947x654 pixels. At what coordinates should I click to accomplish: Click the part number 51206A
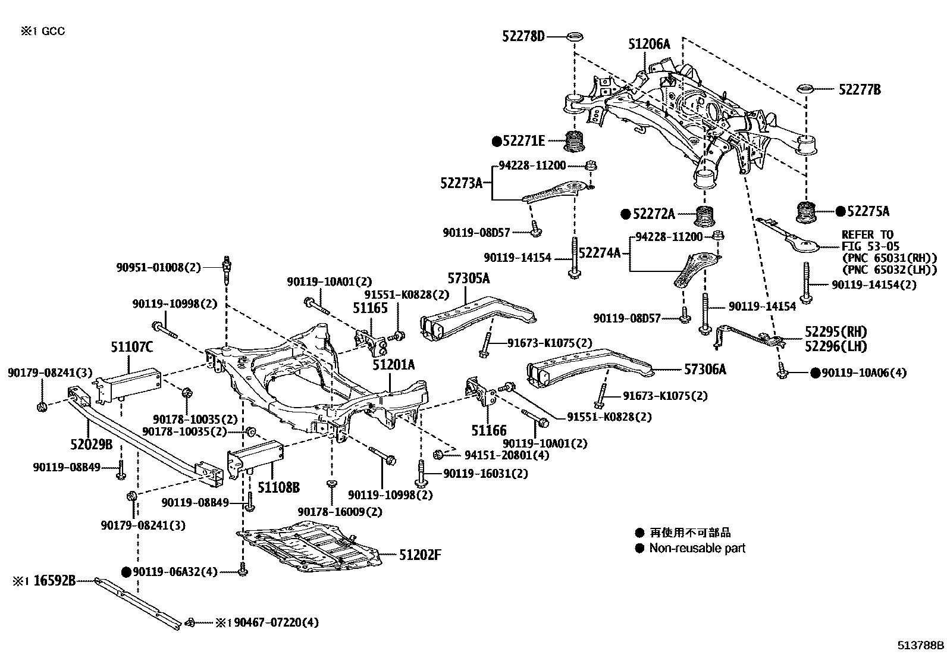tap(649, 44)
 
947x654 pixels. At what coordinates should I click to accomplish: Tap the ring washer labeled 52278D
tap(575, 37)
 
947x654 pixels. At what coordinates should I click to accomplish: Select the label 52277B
tap(860, 90)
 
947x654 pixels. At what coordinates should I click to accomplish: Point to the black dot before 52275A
tap(840, 211)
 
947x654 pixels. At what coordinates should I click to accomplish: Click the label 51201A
tap(394, 365)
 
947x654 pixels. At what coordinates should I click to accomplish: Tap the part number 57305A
tap(469, 278)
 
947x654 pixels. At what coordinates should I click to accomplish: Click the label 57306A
tap(705, 370)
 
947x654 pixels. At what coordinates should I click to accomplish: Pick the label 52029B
tap(92, 443)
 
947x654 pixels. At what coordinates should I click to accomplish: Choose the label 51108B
tap(278, 488)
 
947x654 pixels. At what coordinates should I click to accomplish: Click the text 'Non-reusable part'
tap(697, 548)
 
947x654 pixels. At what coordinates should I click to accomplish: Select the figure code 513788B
tap(921, 644)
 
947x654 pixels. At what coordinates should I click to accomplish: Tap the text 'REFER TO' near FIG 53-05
tap(867, 234)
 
